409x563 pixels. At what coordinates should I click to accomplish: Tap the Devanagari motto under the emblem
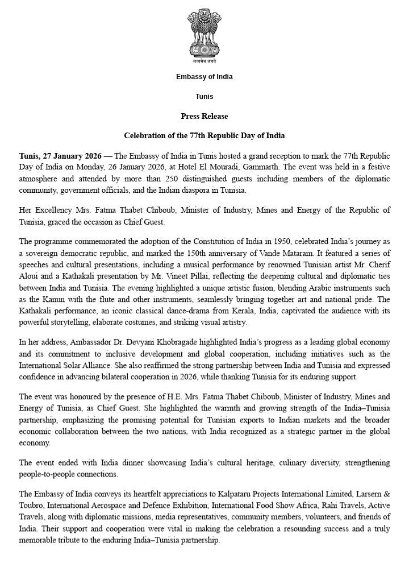pos(204,61)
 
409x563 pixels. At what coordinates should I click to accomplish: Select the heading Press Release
pos(204,116)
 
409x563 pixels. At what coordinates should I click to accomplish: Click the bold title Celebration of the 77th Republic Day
pos(204,136)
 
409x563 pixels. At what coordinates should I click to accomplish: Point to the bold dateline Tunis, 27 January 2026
pos(60,156)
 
